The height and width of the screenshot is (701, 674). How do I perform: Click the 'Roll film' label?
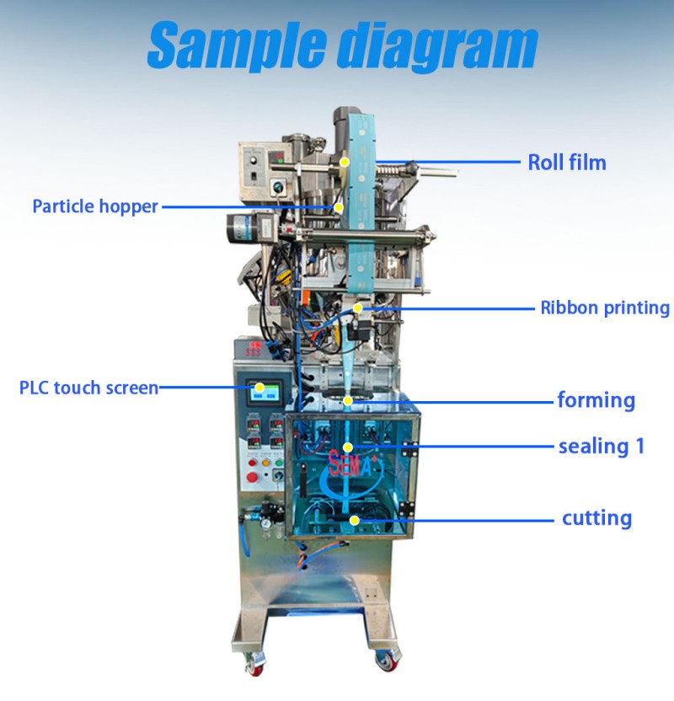click(x=567, y=163)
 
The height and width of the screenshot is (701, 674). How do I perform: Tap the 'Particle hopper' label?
click(x=95, y=206)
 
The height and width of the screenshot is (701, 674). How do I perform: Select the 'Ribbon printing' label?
click(x=605, y=308)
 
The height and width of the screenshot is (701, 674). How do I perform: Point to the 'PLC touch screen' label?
click(x=89, y=388)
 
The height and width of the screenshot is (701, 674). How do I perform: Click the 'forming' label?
click(x=596, y=400)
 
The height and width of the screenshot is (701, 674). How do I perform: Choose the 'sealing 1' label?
click(x=602, y=447)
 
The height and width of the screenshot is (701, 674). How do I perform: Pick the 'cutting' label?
click(x=596, y=519)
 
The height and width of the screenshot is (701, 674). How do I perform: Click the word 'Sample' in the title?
click(x=237, y=45)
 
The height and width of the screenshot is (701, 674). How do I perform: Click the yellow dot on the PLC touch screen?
click(x=259, y=388)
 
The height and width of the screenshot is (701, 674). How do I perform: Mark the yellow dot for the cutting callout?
click(x=355, y=520)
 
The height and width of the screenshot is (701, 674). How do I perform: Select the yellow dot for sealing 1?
click(x=348, y=447)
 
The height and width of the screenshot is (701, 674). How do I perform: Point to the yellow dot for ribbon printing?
click(x=357, y=308)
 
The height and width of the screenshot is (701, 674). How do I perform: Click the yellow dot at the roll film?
click(x=344, y=162)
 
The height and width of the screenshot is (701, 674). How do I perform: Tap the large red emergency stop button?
click(x=252, y=477)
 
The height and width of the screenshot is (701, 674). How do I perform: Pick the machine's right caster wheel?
click(x=385, y=661)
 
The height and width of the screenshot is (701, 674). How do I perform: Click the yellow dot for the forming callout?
click(x=348, y=400)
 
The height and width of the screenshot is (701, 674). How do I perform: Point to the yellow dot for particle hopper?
click(x=339, y=207)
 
